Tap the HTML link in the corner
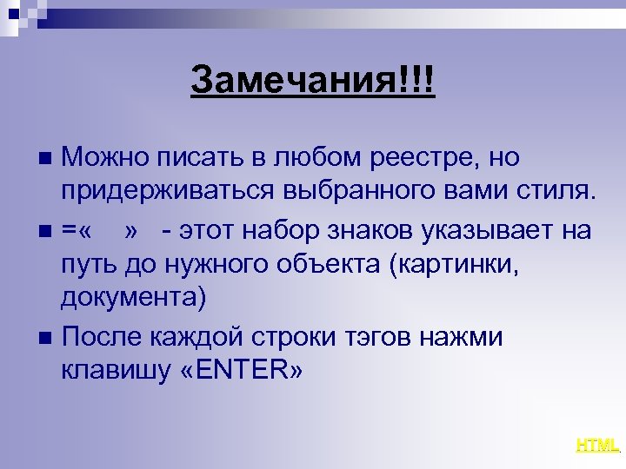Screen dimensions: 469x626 597,446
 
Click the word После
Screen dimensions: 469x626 103,336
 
